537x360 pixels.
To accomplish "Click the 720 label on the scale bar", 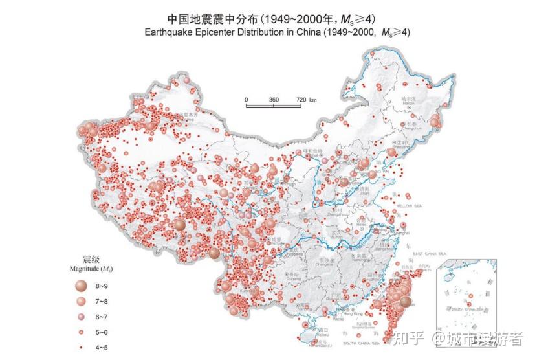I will pos(302,100).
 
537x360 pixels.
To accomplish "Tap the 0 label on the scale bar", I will pos(247,100).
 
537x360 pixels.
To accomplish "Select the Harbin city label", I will pos(408,102).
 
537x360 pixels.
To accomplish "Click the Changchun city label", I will pos(412,129).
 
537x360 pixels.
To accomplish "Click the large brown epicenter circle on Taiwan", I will pos(405,301).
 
